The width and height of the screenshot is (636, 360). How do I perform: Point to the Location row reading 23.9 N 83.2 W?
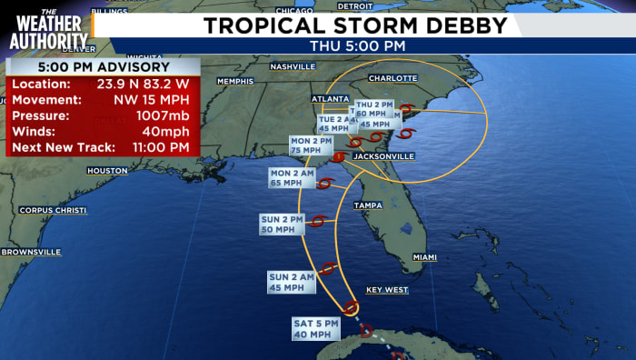100,84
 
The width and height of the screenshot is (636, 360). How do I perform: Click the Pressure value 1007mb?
161,115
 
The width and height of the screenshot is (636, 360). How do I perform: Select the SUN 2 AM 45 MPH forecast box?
291,282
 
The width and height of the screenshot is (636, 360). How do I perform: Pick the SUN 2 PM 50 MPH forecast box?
283,225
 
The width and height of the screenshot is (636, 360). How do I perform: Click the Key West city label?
386,290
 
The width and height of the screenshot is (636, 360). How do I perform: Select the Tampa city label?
368,205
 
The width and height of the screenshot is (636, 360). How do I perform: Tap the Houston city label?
107,171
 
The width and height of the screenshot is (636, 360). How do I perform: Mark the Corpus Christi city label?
53,210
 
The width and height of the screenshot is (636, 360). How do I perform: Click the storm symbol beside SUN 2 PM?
319,221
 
